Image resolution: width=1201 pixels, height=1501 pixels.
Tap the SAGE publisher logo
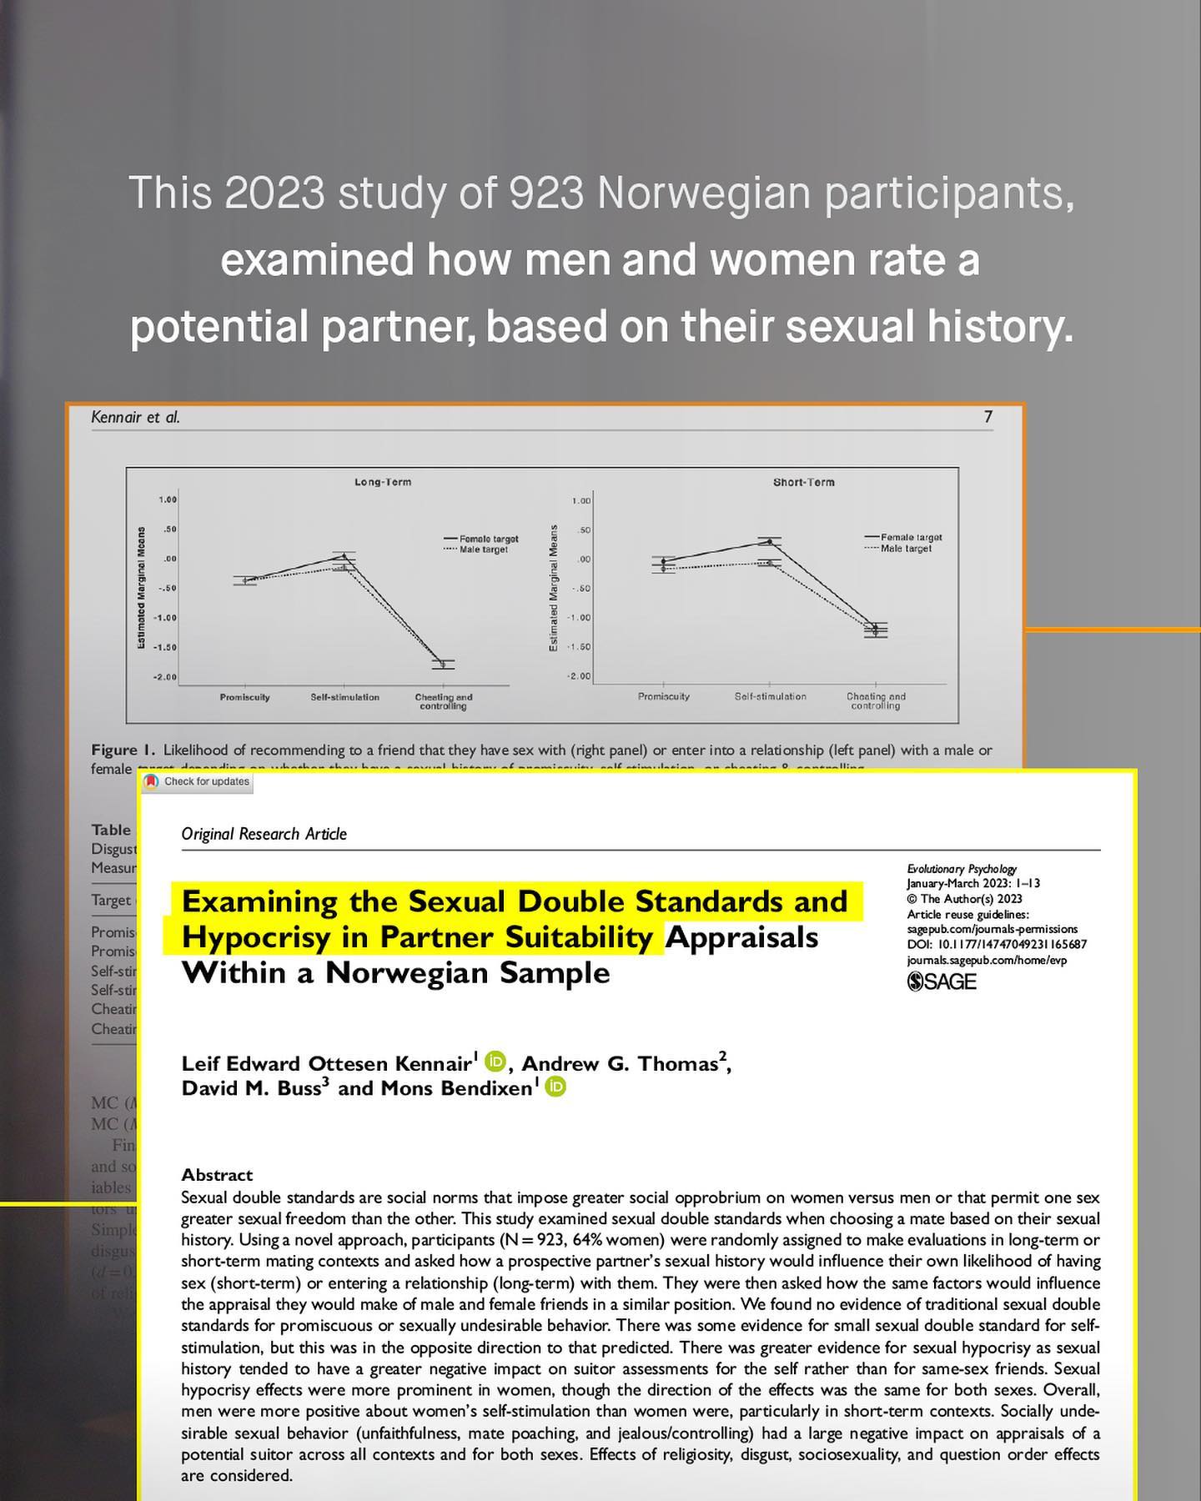pyautogui.click(x=942, y=981)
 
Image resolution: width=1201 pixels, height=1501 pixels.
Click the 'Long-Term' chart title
pyautogui.click(x=383, y=482)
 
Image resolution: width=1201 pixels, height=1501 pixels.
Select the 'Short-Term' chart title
pyautogui.click(x=803, y=482)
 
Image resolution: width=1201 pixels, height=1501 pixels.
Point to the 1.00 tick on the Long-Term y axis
pyautogui.click(x=168, y=499)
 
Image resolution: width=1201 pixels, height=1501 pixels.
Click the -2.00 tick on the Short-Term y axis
pyautogui.click(x=580, y=676)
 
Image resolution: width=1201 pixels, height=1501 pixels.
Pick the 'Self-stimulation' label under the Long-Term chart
pyautogui.click(x=344, y=697)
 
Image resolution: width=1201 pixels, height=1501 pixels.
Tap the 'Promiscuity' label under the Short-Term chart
pyautogui.click(x=664, y=696)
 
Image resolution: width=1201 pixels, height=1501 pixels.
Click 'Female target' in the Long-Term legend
pyautogui.click(x=488, y=539)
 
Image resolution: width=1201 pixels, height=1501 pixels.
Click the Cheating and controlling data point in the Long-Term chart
pyautogui.click(x=443, y=664)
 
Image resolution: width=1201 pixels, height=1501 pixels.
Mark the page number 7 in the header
pyautogui.click(x=988, y=417)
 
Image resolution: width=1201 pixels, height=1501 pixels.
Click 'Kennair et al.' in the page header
pyautogui.click(x=135, y=417)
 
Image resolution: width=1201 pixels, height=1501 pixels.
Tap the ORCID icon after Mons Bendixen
pyautogui.click(x=555, y=1087)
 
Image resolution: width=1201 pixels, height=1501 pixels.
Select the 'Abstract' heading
pyautogui.click(x=217, y=1175)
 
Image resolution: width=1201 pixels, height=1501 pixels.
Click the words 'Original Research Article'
pyautogui.click(x=264, y=834)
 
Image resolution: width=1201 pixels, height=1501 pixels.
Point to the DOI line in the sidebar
pyautogui.click(x=997, y=945)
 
